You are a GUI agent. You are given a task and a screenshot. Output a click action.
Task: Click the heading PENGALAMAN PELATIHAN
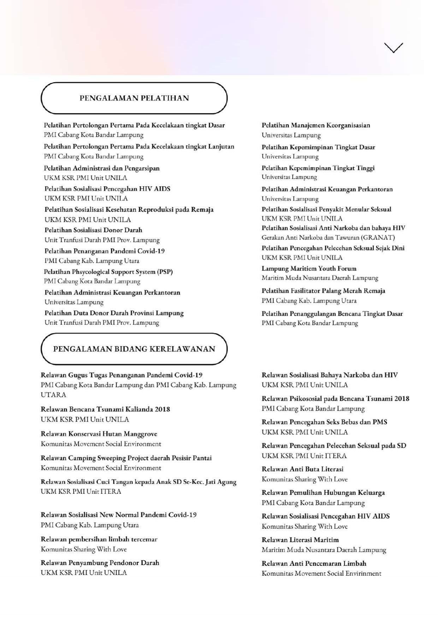pos(134,98)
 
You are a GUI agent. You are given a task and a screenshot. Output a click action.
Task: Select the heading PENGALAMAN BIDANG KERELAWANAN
pos(134,349)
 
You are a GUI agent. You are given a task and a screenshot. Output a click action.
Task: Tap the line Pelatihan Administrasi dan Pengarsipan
pos(102,168)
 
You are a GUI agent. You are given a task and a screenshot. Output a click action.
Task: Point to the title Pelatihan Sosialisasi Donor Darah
pos(93,230)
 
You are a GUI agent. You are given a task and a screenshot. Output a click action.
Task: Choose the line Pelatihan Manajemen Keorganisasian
pos(316,125)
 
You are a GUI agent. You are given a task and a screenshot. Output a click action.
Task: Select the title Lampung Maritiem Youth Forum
pos(309,269)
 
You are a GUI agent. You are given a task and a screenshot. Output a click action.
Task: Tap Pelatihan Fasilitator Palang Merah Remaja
pos(323,291)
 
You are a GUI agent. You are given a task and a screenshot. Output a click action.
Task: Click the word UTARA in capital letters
pos(53,395)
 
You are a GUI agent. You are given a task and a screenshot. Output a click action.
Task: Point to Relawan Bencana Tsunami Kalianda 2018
pos(105,409)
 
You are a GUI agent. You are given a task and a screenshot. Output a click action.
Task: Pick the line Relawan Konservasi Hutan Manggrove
pos(99,434)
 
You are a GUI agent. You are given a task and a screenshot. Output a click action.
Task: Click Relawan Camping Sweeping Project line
pos(126,458)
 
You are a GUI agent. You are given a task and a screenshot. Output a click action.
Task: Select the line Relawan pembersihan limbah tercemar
pos(99,539)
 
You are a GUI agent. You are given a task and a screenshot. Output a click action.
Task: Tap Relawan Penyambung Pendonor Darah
pos(100,563)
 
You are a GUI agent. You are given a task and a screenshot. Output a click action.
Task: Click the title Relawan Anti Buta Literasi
pos(302,469)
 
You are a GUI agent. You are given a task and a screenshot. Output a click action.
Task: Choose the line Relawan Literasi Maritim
pos(300,540)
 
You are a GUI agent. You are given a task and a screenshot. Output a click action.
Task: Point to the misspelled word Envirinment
pos(365,574)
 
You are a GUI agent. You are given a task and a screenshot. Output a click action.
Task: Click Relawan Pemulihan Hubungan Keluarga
pos(323,493)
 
